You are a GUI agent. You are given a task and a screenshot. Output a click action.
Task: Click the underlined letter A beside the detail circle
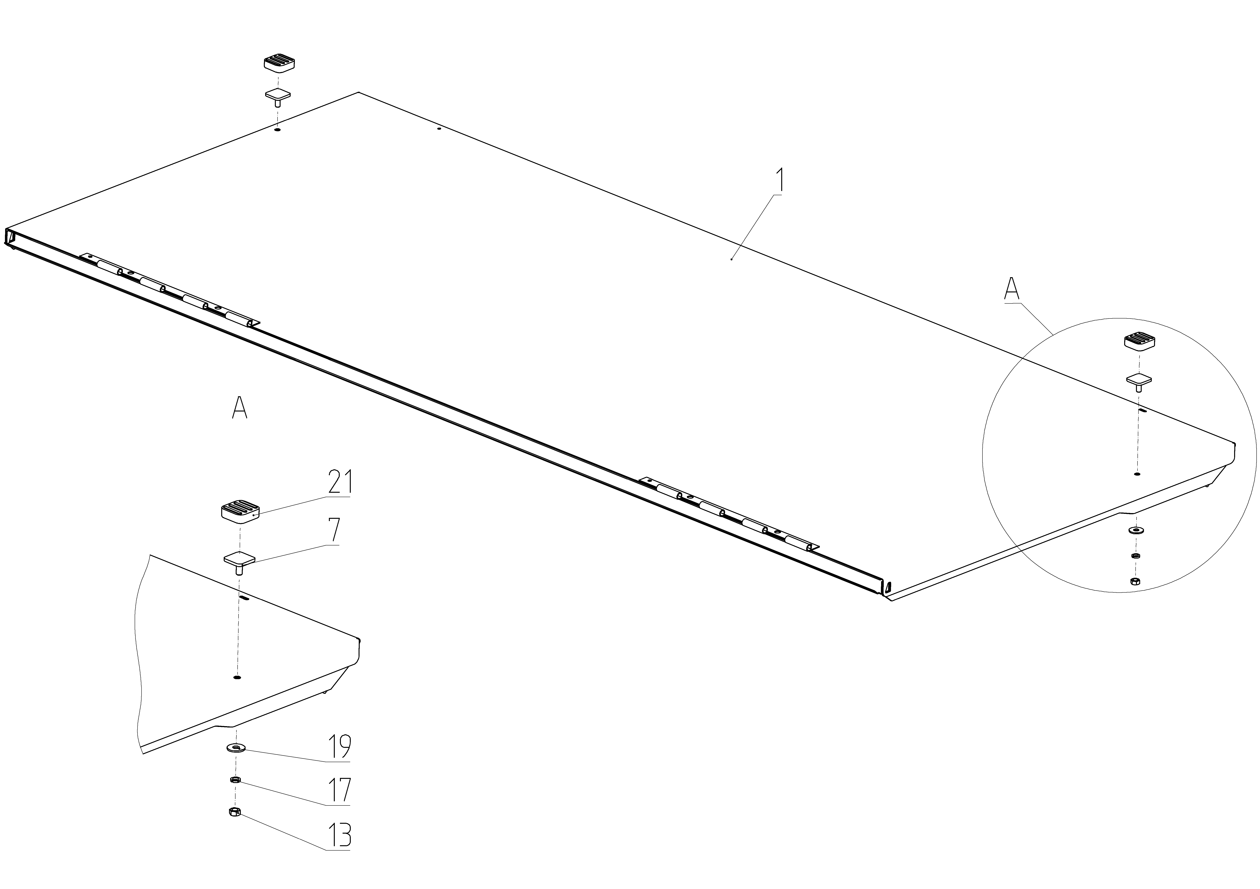1011,289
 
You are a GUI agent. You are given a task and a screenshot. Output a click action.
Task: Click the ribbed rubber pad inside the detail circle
1139,341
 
